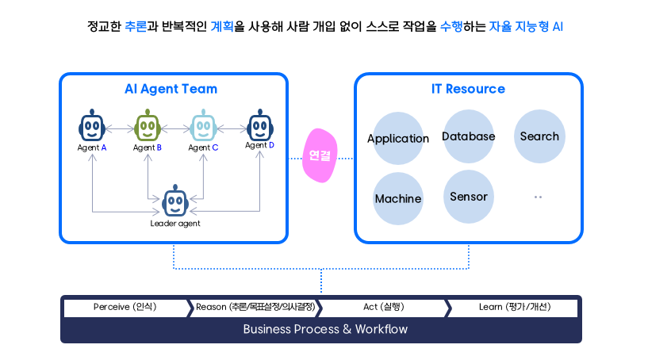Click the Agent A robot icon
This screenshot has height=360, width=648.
click(x=92, y=126)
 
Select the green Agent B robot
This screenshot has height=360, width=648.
click(x=148, y=126)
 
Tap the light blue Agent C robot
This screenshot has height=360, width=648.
click(x=204, y=126)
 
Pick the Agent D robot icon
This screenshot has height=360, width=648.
click(x=260, y=124)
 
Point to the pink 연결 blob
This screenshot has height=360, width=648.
click(x=321, y=155)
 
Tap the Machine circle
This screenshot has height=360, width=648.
click(x=398, y=198)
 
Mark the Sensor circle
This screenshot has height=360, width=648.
click(x=469, y=197)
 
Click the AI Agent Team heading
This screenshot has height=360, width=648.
click(x=171, y=89)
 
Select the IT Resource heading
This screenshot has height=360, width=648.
click(x=468, y=89)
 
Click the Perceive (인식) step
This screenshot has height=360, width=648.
click(x=125, y=307)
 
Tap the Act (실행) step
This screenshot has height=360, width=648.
click(x=384, y=307)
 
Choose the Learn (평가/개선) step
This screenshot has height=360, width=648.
click(x=515, y=307)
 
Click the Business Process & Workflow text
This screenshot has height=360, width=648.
click(x=325, y=329)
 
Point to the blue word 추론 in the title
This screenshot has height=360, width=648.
click(x=136, y=26)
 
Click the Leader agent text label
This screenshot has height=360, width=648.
click(x=175, y=223)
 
